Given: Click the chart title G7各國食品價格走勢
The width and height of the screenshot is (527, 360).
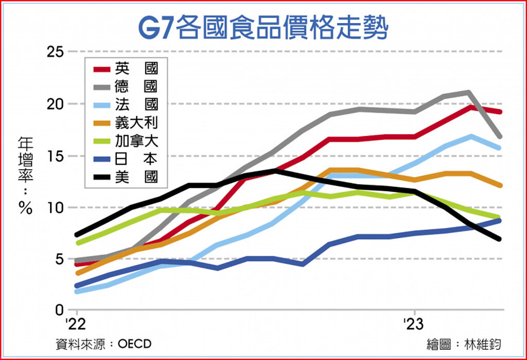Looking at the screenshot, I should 263,26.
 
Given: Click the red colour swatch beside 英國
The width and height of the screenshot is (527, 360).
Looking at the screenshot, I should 101,69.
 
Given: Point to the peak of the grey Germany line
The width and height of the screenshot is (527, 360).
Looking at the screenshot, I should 468,93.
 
